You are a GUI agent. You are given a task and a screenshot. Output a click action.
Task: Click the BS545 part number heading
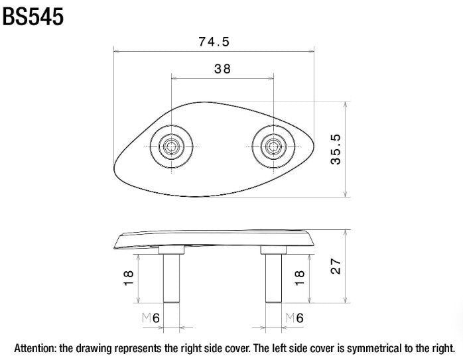click(x=33, y=17)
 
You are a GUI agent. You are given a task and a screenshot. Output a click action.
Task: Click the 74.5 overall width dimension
click(x=214, y=42)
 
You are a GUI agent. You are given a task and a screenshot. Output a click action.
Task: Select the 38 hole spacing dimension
click(x=222, y=69)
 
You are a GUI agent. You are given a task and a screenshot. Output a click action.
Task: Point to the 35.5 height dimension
click(x=336, y=149)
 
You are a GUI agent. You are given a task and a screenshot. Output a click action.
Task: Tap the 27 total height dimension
click(x=336, y=266)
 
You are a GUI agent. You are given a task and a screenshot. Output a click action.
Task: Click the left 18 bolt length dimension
click(x=129, y=278)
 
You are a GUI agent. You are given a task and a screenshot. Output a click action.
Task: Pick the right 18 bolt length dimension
click(x=299, y=278)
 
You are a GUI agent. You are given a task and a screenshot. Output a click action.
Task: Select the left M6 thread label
click(x=151, y=318)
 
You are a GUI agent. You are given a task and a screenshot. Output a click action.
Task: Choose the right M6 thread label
click(x=295, y=318)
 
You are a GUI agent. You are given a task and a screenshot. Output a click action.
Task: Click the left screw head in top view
click(x=172, y=147)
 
